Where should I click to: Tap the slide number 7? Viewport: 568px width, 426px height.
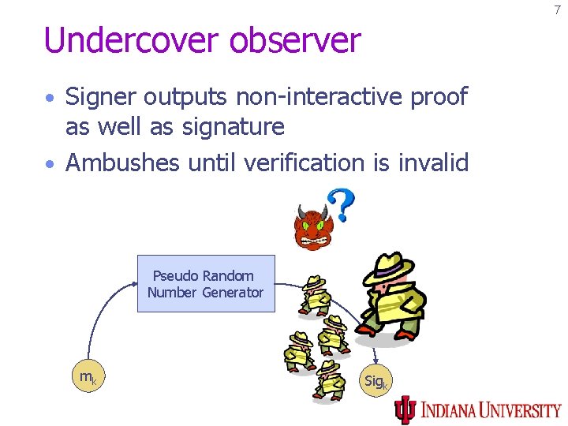[556, 10]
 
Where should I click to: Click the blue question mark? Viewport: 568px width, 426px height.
[341, 204]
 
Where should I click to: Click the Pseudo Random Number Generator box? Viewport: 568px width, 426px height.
[206, 284]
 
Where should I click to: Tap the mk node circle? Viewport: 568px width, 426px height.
[88, 378]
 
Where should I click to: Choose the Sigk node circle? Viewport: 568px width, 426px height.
[376, 382]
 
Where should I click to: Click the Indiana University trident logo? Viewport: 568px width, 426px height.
[405, 409]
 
